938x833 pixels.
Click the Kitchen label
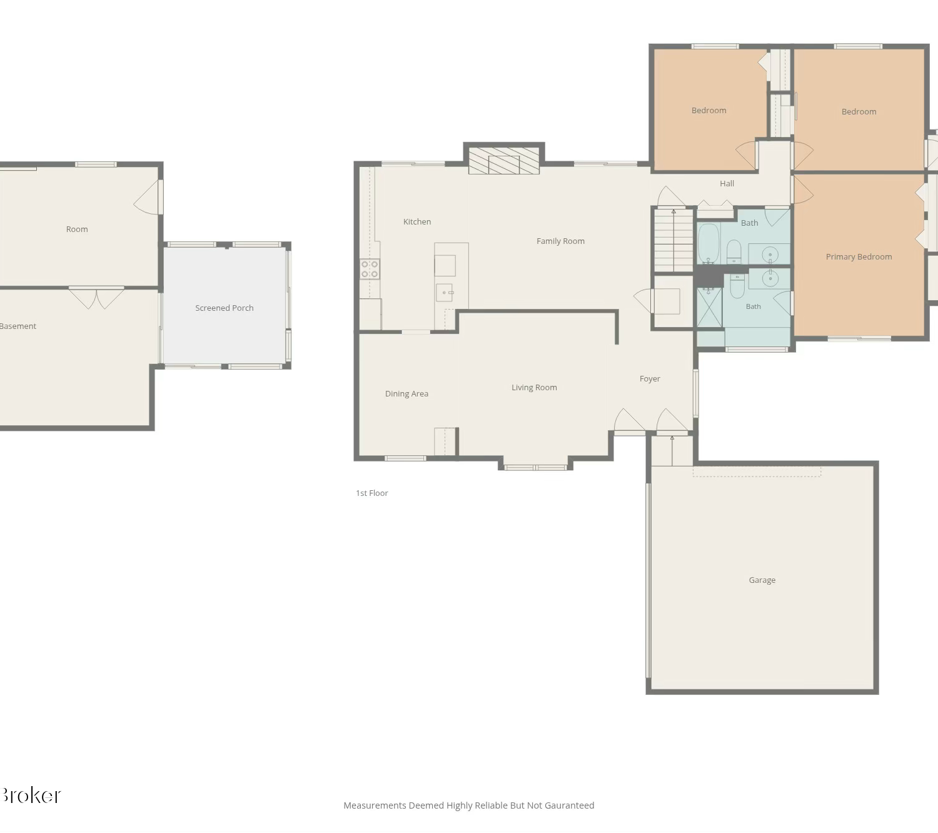point(416,222)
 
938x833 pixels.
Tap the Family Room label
point(560,241)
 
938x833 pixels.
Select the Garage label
point(762,580)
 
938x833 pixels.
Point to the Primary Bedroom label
point(859,257)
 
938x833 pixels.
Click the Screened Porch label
point(224,308)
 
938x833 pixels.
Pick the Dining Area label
point(406,393)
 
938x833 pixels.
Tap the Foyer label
point(650,379)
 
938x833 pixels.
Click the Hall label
point(727,184)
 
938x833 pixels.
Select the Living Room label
point(534,388)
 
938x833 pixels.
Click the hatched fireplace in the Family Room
point(504,161)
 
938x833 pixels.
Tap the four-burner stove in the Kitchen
point(370,269)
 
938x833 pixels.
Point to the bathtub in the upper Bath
point(709,244)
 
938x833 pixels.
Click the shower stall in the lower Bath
point(709,307)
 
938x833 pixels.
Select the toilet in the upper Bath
point(734,252)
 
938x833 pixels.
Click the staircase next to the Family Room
point(673,240)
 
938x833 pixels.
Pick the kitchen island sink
point(444,293)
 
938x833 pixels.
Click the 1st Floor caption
point(372,493)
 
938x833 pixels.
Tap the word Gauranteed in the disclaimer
point(569,805)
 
